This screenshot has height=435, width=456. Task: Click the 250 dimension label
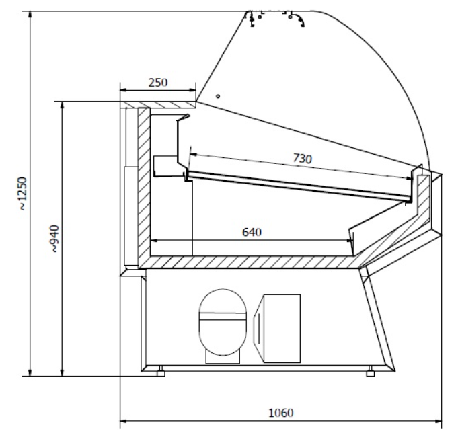pos(158,83)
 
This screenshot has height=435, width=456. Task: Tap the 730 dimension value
pos(303,159)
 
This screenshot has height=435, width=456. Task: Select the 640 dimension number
pos(252,232)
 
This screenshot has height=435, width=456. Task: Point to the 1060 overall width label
pos(281,413)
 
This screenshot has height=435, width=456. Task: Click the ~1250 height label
pos(22,194)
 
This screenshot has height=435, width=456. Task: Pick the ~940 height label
pos(54,239)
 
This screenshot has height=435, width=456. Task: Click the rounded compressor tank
pos(223,322)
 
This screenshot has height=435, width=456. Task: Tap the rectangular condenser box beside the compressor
pos(277,328)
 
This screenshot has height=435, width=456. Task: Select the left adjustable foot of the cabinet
pos(161,371)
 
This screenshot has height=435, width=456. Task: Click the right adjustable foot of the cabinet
pos(370,371)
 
